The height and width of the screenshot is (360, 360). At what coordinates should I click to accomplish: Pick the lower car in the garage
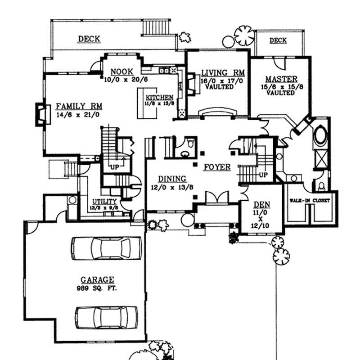click(107, 317)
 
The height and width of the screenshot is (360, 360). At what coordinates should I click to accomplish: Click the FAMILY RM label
click(79, 106)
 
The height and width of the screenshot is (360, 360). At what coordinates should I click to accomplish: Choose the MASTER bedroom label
click(280, 78)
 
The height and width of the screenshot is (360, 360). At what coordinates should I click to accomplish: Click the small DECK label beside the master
click(278, 41)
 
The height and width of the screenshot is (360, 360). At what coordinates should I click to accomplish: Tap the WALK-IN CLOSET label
click(310, 200)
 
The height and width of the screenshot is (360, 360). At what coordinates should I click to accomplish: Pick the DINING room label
click(168, 178)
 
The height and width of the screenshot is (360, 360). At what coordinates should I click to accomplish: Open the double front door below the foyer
click(212, 198)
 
